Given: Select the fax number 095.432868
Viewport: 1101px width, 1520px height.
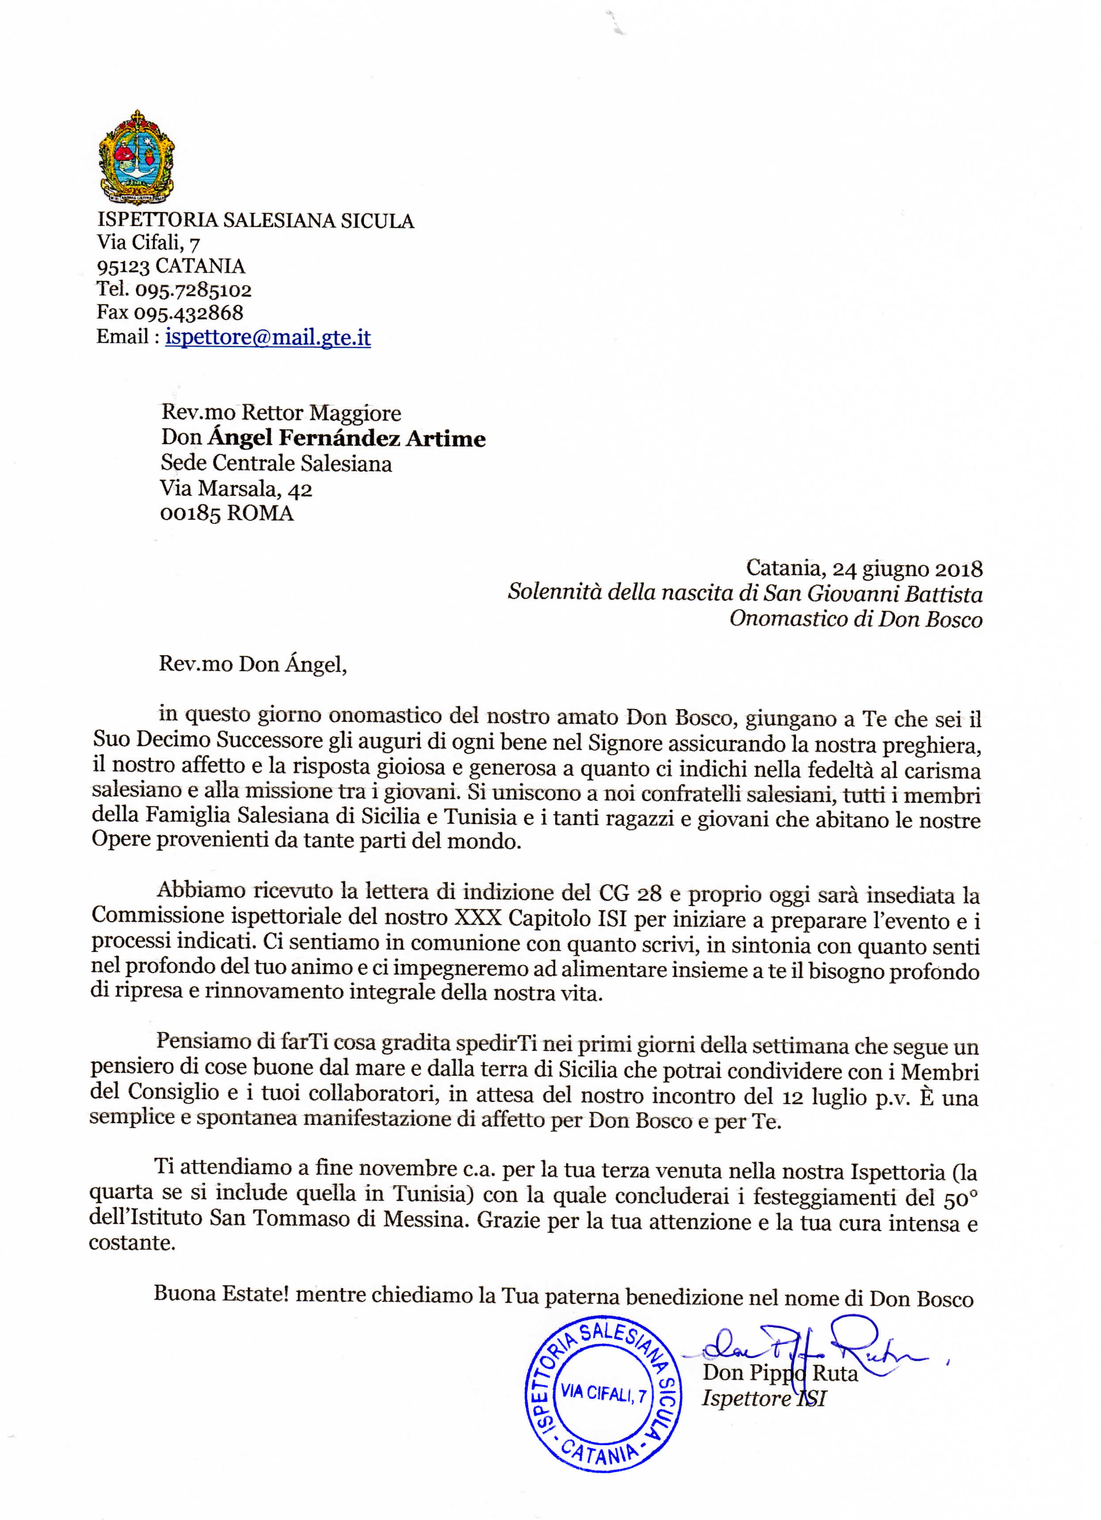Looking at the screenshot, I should (188, 313).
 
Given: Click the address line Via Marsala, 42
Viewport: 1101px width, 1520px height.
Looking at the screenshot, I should (236, 488).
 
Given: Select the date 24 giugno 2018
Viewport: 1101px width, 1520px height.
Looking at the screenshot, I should (907, 568).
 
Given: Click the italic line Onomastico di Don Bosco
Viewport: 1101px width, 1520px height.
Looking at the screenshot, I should (856, 618).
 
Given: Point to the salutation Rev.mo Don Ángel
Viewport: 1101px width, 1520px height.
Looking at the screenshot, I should (253, 664).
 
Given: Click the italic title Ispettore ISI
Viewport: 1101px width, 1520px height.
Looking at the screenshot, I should (763, 1399).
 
